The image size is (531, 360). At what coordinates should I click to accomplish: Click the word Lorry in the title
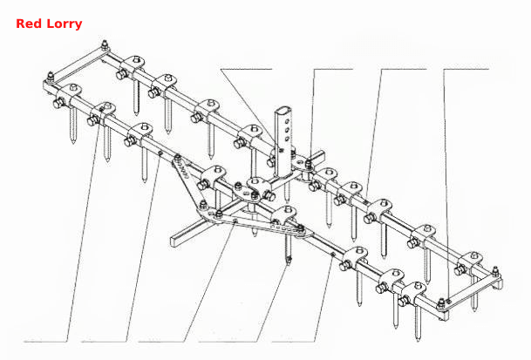pyautogui.click(x=65, y=24)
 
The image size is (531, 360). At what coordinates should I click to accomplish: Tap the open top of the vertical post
pyautogui.click(x=281, y=111)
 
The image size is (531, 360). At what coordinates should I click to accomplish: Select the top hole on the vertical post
pyautogui.click(x=288, y=120)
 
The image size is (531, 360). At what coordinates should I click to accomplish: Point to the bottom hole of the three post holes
pyautogui.click(x=287, y=139)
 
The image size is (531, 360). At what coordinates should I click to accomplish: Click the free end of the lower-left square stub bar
pyautogui.click(x=174, y=241)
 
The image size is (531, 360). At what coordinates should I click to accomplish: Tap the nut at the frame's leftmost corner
pyautogui.click(x=50, y=76)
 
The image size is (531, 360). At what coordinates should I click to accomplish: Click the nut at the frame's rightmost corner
pyautogui.click(x=495, y=271)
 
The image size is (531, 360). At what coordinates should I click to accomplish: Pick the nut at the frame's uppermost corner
pyautogui.click(x=106, y=44)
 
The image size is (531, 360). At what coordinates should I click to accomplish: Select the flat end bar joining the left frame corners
pyautogui.click(x=78, y=65)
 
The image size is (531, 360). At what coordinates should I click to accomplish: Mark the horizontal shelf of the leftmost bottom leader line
pyautogui.click(x=45, y=341)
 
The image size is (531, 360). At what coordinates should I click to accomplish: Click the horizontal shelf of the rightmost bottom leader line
pyautogui.click(x=293, y=341)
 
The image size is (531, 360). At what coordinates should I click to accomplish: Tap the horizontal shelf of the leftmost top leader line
pyautogui.click(x=246, y=70)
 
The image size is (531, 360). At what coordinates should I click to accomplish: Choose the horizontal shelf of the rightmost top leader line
pyautogui.click(x=466, y=70)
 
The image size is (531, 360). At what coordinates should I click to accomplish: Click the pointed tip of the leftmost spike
pyautogui.click(x=73, y=143)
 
